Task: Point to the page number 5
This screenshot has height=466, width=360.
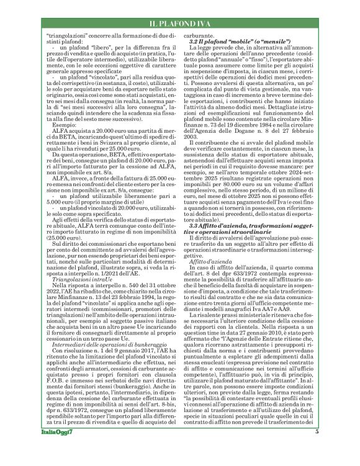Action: [x=317, y=449]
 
